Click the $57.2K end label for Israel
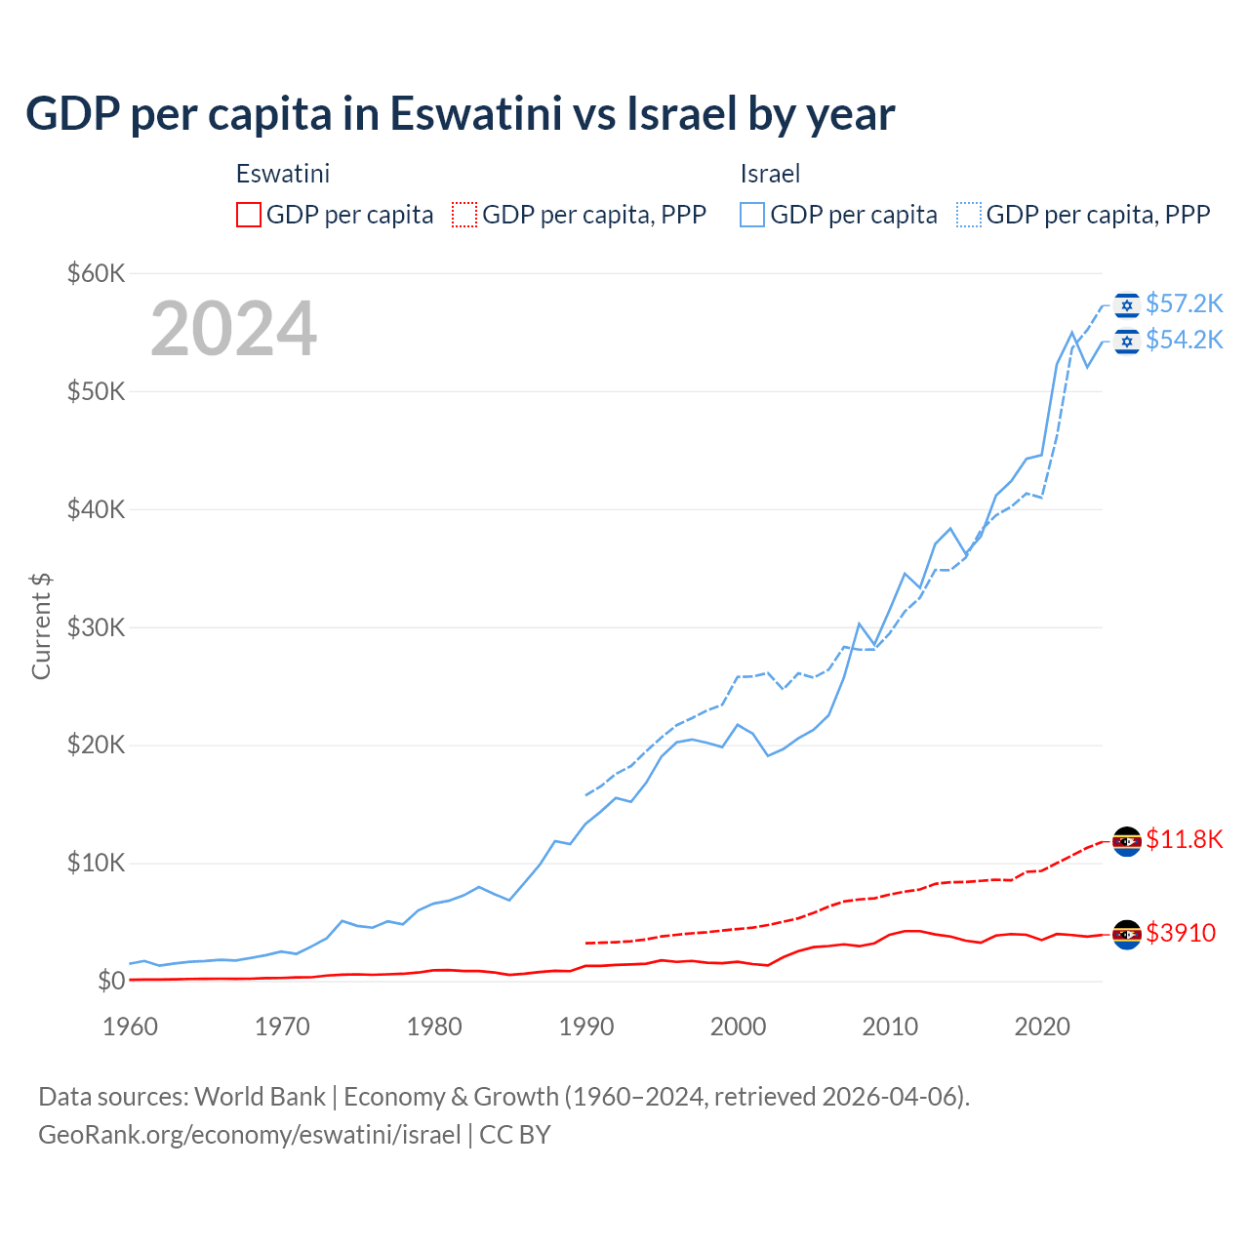click(1184, 304)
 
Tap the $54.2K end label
click(1184, 340)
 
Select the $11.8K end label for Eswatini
click(1184, 839)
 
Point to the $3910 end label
click(1181, 933)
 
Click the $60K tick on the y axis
click(96, 273)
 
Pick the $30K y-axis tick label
click(96, 627)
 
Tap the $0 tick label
click(110, 981)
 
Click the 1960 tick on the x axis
click(130, 1027)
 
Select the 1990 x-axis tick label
click(586, 1027)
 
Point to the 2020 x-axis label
click(1042, 1027)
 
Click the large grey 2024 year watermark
click(233, 329)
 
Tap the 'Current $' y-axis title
click(41, 625)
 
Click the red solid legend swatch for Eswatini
click(249, 215)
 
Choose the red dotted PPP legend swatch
click(464, 215)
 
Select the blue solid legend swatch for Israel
click(752, 215)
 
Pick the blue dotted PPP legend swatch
click(969, 215)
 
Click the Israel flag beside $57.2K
click(1127, 305)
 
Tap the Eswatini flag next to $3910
click(1127, 934)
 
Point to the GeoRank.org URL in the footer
click(249, 1135)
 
